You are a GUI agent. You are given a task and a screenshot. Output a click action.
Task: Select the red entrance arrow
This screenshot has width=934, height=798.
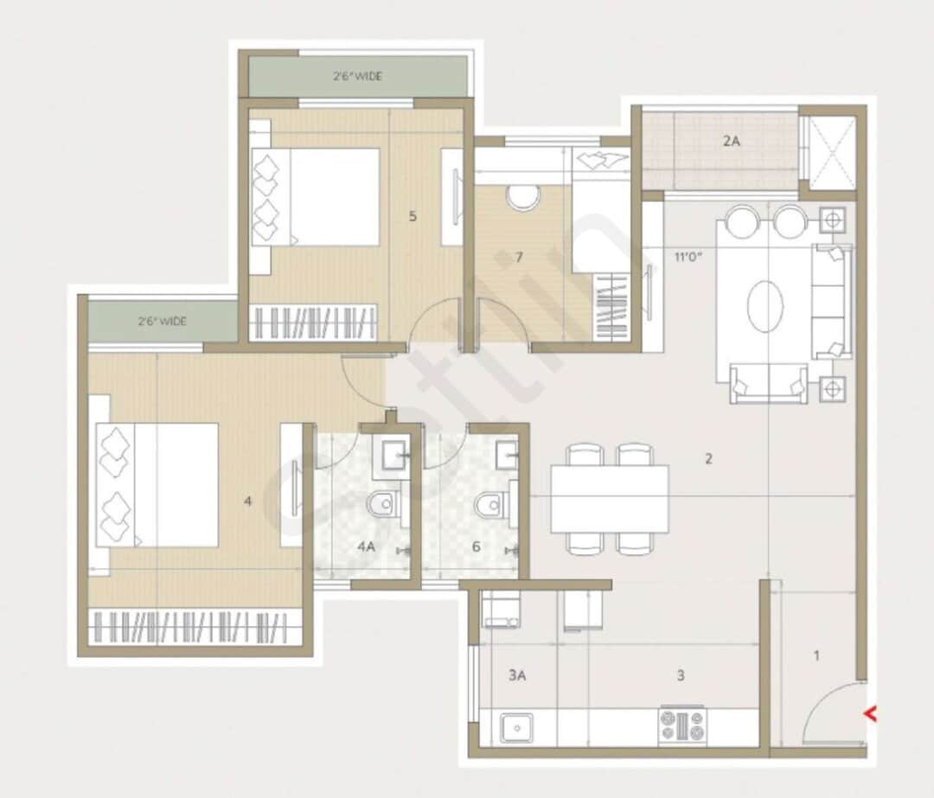click(x=871, y=714)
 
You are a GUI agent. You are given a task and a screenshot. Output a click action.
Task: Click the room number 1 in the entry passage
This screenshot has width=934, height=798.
click(x=816, y=655)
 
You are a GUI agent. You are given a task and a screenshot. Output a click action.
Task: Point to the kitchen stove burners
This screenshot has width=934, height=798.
click(x=682, y=725)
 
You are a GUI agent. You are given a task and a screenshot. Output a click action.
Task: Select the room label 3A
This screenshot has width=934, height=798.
click(x=516, y=676)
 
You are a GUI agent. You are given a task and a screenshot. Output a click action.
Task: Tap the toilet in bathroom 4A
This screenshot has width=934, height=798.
click(x=381, y=503)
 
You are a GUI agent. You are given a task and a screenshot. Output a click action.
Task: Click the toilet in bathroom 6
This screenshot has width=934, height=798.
click(x=490, y=503)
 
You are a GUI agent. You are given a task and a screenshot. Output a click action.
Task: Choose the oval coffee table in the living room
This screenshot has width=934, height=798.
click(x=765, y=304)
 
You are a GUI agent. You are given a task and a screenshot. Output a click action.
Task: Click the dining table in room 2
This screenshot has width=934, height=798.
click(x=610, y=498)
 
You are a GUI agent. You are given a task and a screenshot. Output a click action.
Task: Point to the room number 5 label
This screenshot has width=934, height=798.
click(x=413, y=216)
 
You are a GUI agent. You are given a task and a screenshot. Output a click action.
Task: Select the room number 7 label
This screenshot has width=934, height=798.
click(x=518, y=257)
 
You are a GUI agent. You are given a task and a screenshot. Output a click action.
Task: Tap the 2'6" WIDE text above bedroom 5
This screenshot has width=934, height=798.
click(x=357, y=76)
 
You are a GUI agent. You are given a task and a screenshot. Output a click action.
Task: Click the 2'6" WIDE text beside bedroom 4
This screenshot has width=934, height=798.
click(x=162, y=322)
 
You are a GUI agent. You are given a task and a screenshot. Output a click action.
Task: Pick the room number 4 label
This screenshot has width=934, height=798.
click(x=248, y=500)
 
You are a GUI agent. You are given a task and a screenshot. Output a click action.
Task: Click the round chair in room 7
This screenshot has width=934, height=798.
click(x=523, y=197)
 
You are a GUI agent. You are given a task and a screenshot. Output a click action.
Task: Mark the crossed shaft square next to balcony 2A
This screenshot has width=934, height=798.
click(x=830, y=152)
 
